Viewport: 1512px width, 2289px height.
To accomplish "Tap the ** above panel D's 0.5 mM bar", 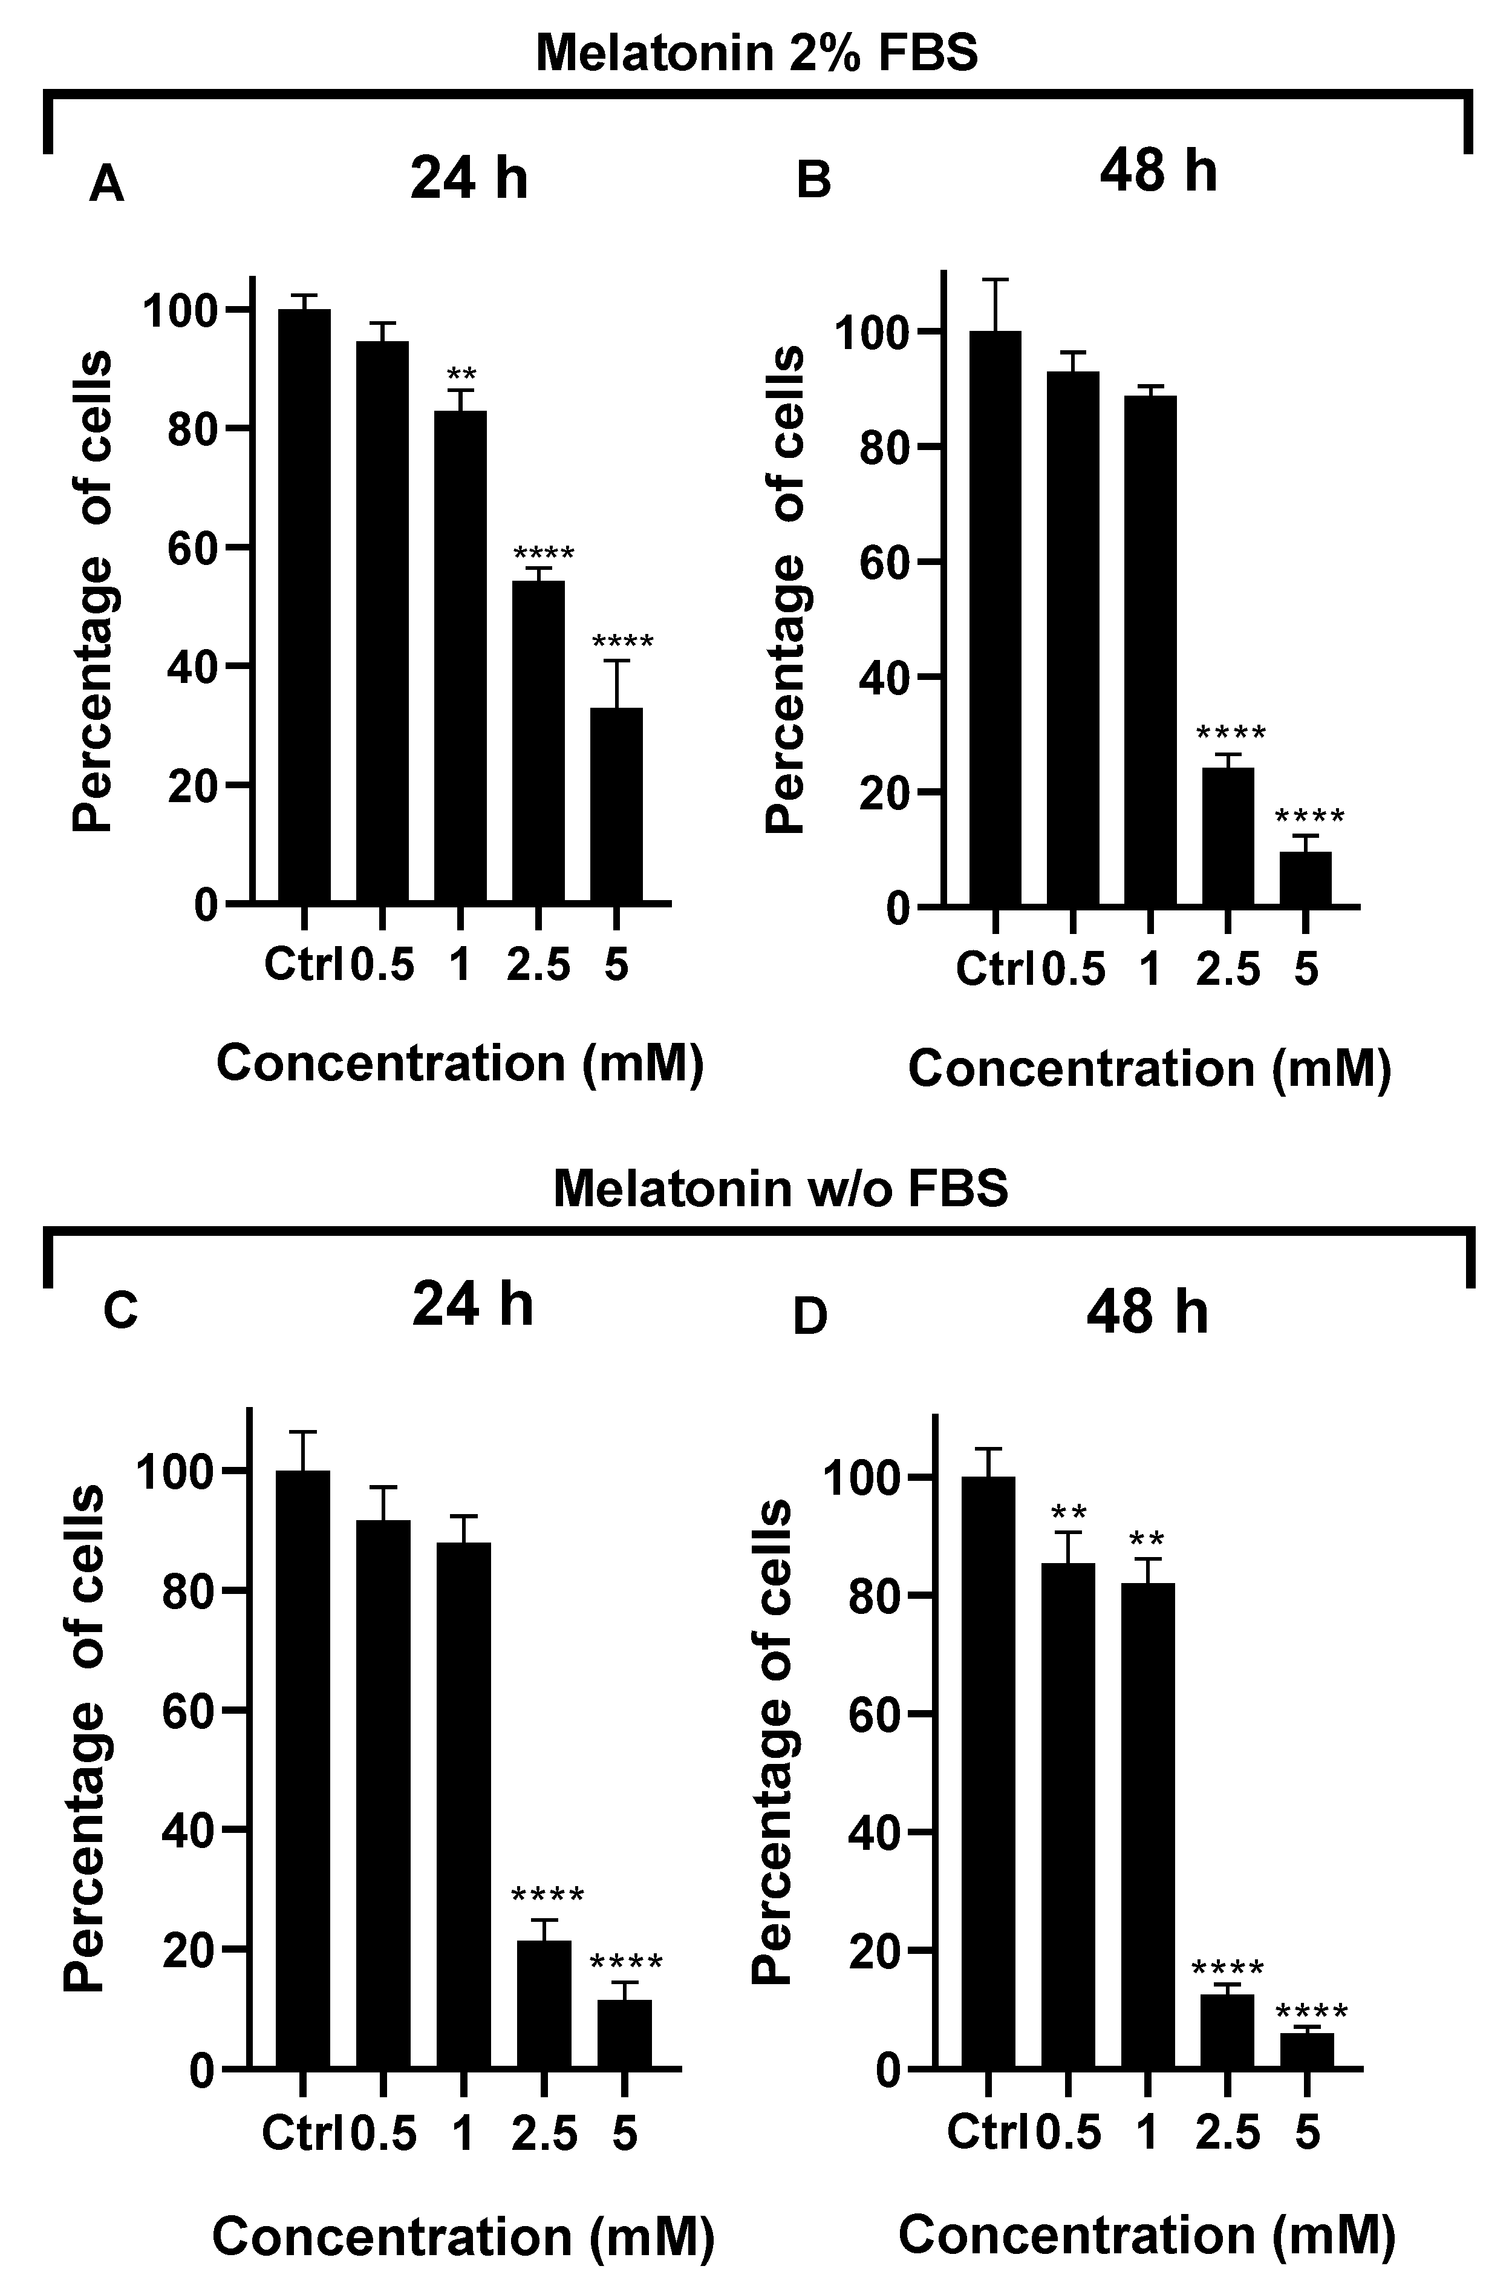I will click(x=1069, y=1512).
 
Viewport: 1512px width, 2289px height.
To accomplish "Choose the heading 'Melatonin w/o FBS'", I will click(x=780, y=1188).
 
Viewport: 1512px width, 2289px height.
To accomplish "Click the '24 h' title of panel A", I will click(x=469, y=178).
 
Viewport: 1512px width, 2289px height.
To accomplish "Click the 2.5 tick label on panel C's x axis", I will click(x=544, y=2133).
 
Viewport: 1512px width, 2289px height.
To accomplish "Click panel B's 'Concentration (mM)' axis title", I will click(x=1150, y=1068).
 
